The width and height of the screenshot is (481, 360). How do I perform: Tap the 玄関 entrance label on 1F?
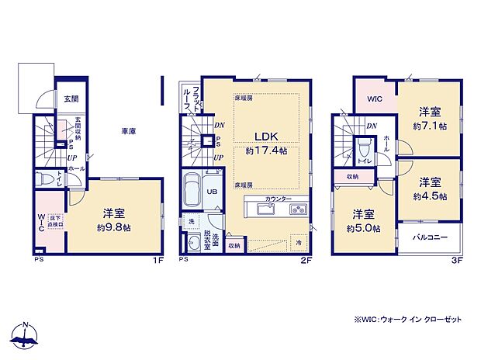pos(71,99)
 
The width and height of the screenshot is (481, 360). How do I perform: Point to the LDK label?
pos(256,132)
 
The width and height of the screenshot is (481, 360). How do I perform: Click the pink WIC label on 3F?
pos(375,99)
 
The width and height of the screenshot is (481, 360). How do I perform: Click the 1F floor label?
pos(157,261)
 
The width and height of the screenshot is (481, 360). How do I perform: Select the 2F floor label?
pos(306,261)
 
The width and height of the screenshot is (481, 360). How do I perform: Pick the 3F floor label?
pos(458,261)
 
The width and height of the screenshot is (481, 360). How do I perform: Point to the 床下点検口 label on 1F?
pos(56,222)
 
